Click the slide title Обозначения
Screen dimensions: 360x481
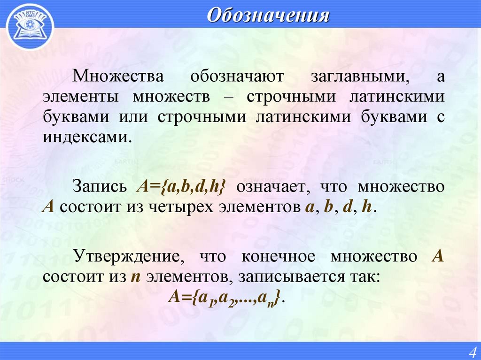pyautogui.click(x=268, y=15)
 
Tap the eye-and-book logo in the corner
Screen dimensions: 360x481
pyautogui.click(x=30, y=25)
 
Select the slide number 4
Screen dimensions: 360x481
pyautogui.click(x=472, y=352)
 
